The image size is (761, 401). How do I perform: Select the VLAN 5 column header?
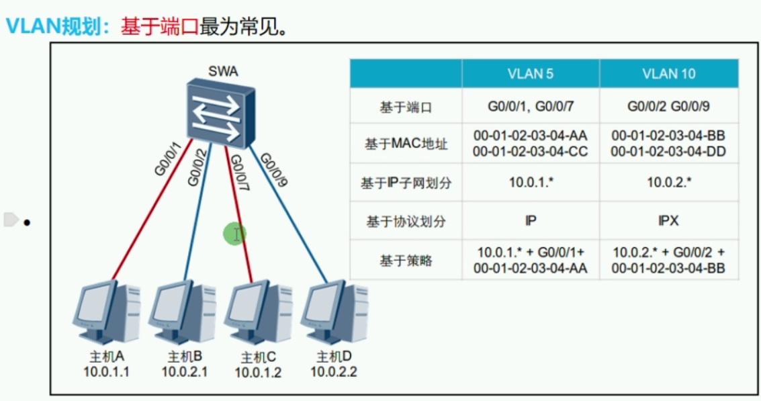click(530, 74)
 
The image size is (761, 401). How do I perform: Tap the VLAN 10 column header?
click(668, 74)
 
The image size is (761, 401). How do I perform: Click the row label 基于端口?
click(406, 107)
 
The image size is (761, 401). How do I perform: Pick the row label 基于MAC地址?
click(406, 144)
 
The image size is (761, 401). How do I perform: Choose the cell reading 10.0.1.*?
click(530, 182)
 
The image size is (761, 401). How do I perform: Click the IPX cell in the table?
click(668, 220)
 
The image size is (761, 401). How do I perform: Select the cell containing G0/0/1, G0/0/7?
click(530, 107)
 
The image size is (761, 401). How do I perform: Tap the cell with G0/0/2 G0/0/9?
click(668, 107)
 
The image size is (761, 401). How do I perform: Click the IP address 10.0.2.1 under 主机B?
click(184, 371)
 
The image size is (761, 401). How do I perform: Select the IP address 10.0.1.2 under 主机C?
click(259, 371)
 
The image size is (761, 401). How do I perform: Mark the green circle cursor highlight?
click(235, 234)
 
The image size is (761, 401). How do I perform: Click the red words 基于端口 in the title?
click(160, 27)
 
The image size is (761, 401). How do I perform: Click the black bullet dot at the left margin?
click(27, 221)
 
